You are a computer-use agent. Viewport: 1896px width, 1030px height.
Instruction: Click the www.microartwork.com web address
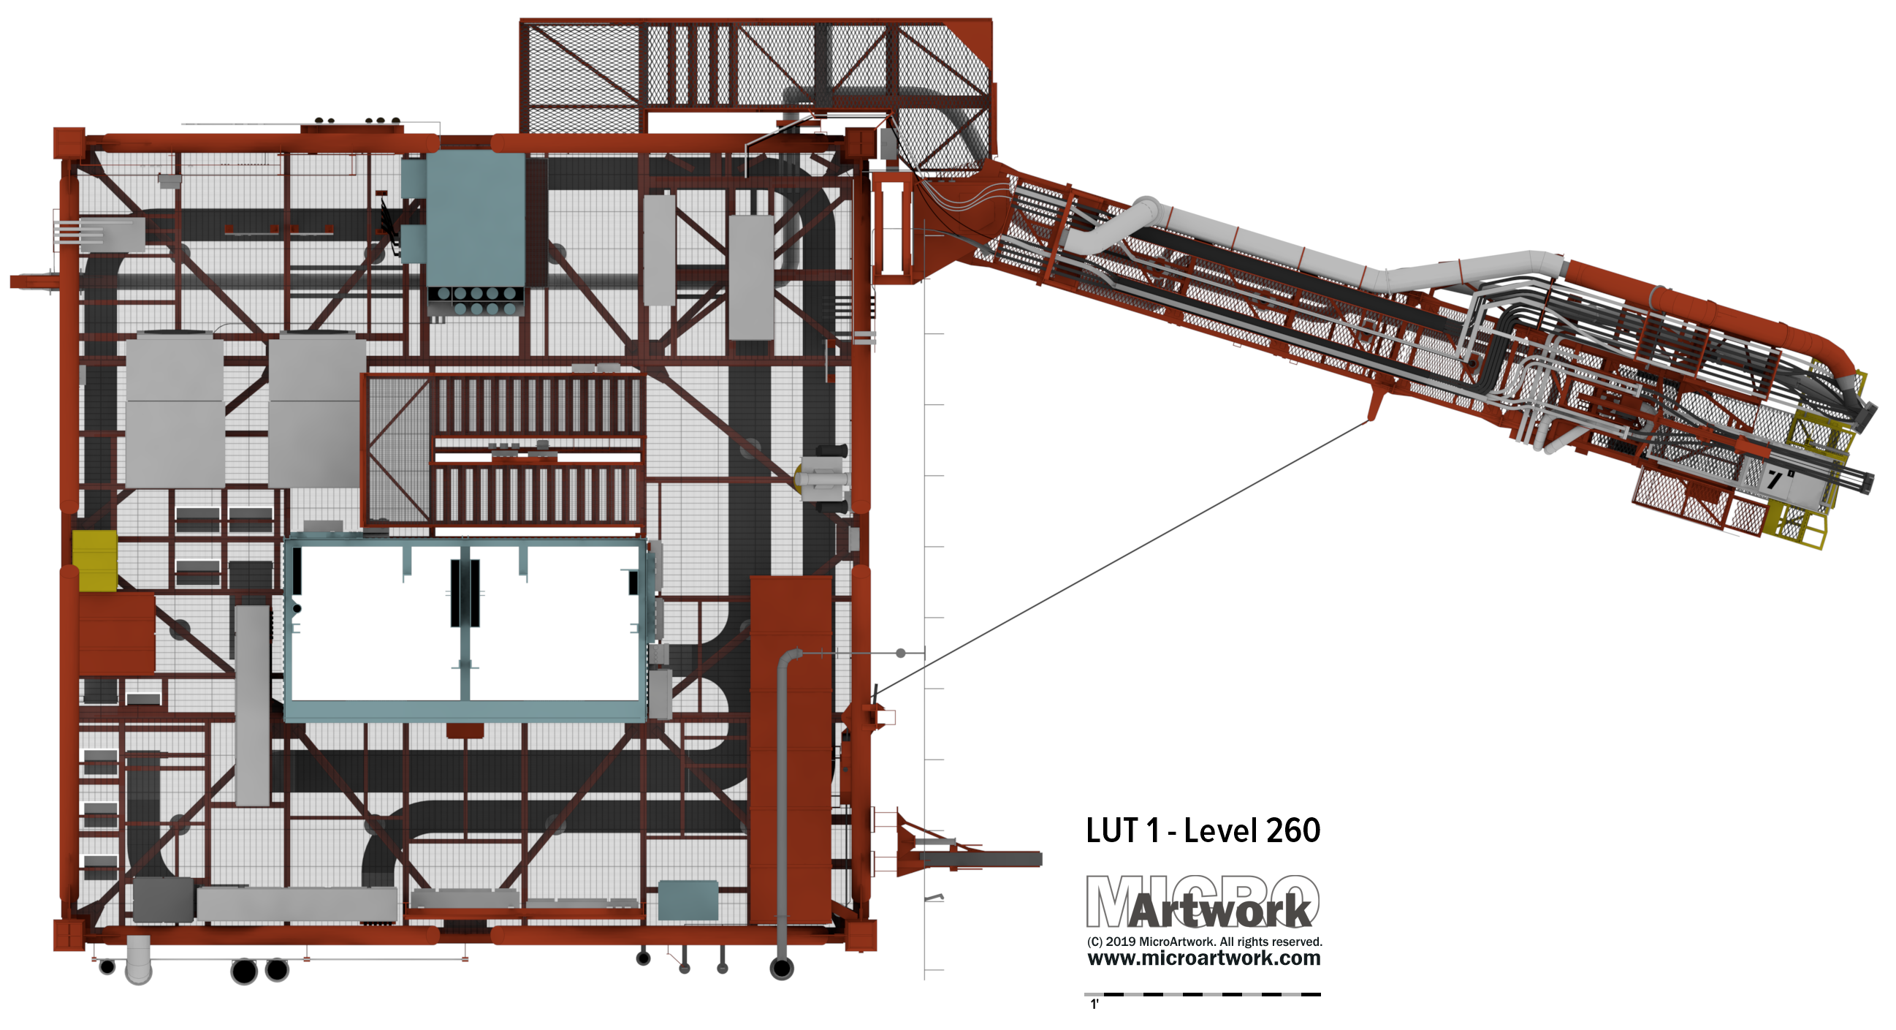click(1204, 958)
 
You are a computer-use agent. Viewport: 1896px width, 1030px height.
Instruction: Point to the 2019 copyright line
click(1204, 942)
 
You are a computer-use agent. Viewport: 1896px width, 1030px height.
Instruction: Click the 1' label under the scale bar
click(1094, 1004)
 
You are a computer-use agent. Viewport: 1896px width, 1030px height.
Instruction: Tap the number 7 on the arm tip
click(1775, 480)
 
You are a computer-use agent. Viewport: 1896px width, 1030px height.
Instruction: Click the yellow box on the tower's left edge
click(95, 560)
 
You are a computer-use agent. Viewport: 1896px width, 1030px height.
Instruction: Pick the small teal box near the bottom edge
click(688, 900)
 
